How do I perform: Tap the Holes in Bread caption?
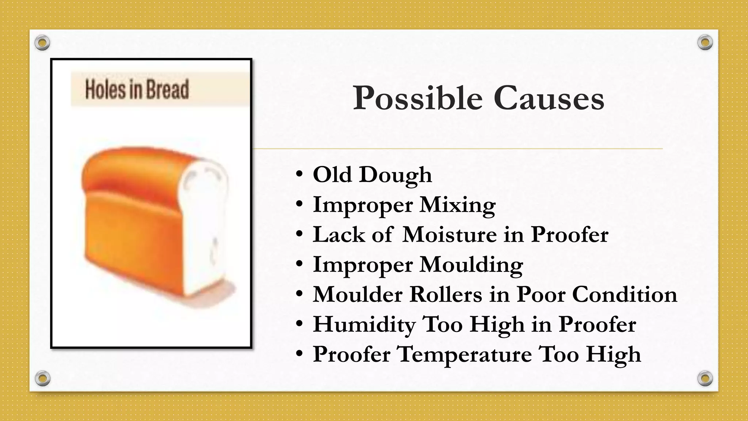click(x=137, y=90)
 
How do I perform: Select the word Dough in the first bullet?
click(x=396, y=175)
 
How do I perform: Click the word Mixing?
click(x=458, y=205)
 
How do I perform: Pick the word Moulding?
click(x=471, y=265)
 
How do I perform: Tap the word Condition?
click(x=625, y=294)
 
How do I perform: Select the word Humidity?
click(x=364, y=325)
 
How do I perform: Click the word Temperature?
click(x=464, y=355)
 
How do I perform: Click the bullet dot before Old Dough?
click(x=299, y=175)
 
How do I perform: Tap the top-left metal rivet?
click(x=42, y=43)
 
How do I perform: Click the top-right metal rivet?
click(x=705, y=43)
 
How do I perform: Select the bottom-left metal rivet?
click(x=42, y=378)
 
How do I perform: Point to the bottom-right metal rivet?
click(x=705, y=378)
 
